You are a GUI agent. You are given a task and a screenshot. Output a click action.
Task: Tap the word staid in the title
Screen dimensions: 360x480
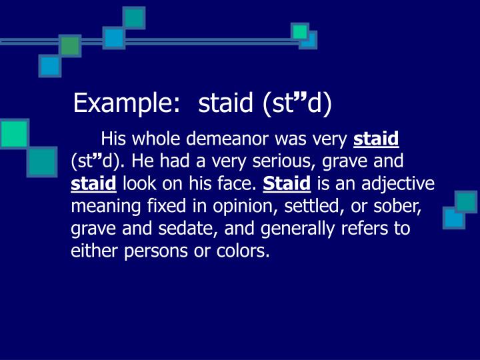tap(226, 103)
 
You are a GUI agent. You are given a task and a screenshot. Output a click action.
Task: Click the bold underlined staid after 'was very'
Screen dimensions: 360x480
tap(376, 139)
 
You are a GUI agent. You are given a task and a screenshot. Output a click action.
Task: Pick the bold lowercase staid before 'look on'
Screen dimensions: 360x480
tap(94, 185)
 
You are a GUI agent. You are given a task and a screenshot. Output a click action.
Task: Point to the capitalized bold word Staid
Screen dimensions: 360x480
tap(287, 185)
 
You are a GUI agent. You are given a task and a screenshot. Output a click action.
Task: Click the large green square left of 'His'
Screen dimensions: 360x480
tap(14, 133)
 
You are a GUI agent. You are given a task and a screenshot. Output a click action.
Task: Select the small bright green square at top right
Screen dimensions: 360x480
tap(300, 31)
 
